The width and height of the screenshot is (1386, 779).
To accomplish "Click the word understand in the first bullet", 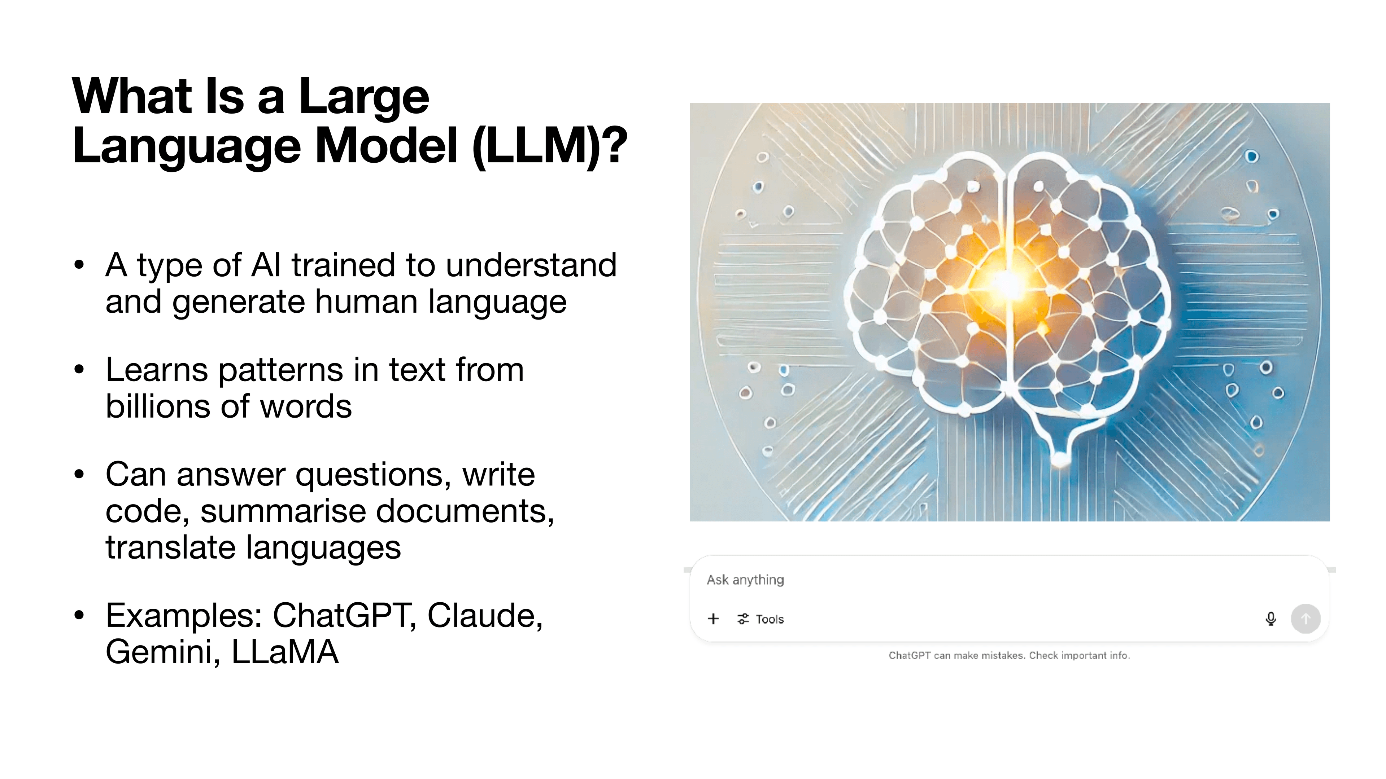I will coord(531,265).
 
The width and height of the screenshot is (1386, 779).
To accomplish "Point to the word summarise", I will coord(284,511).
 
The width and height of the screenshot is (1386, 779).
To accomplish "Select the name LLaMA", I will coord(285,652).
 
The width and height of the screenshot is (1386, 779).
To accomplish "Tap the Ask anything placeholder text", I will coord(745,580).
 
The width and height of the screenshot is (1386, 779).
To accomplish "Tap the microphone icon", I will coord(1270,619).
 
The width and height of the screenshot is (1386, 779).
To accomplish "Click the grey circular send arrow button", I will coord(1305,619).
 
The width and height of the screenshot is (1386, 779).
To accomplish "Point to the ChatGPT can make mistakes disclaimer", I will coord(1009,655).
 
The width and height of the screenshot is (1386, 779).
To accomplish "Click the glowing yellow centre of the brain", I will coord(1005,284).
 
